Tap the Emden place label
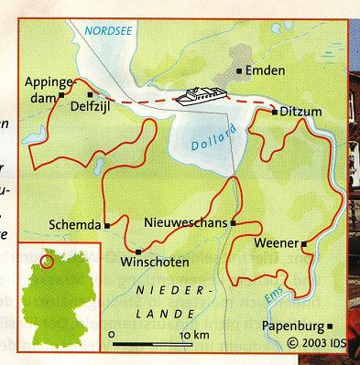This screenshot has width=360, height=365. (265, 70)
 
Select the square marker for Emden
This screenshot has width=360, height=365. (239, 70)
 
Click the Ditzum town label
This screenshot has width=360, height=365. (302, 112)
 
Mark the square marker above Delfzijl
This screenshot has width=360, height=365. (90, 94)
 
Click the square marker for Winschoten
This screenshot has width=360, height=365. (137, 252)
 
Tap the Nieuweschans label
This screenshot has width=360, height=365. (187, 222)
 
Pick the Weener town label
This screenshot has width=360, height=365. (278, 243)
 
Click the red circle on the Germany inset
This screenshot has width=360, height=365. (48, 263)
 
